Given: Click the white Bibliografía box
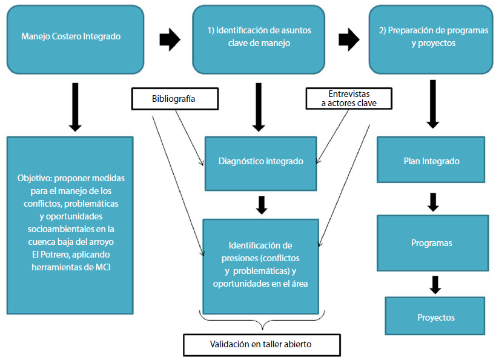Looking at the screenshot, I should pos(174,99).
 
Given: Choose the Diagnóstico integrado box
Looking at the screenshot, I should pos(260,162).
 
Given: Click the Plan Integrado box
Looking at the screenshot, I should pos(431,161).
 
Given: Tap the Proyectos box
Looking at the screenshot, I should pos(435,316).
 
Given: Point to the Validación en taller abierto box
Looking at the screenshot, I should pos(260,344).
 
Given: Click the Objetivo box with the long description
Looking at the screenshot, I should pos(70,224).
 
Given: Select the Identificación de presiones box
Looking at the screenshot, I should pos(260,264).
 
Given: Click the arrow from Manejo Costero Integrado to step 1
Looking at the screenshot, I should pos(170,39).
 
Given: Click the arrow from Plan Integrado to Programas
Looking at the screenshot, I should pos(432,202).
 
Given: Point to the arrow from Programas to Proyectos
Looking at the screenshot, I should pos(434,284).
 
